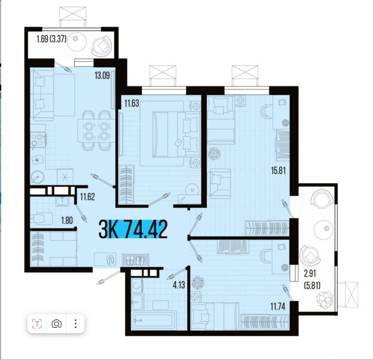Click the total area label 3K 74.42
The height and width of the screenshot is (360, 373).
(x=133, y=229)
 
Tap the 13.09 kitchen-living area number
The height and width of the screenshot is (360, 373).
(x=102, y=76)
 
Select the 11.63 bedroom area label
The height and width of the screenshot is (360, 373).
(x=132, y=104)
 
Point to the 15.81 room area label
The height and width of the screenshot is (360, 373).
(x=278, y=170)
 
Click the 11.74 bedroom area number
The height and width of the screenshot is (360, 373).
(x=278, y=306)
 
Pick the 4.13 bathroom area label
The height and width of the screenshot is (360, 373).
(x=179, y=285)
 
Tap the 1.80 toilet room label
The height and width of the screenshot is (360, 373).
(x=67, y=221)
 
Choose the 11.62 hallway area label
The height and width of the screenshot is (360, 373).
(x=88, y=197)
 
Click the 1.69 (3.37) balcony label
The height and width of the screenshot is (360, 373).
(x=51, y=39)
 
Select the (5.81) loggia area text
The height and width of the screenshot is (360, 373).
(x=312, y=285)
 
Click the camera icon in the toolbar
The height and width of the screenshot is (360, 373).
(x=57, y=324)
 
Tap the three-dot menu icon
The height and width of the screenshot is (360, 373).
(x=76, y=324)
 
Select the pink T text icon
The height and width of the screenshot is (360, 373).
(x=37, y=324)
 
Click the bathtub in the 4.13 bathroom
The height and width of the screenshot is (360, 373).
(x=154, y=319)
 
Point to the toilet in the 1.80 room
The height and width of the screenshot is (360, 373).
(x=41, y=218)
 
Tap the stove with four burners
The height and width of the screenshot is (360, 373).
(x=38, y=140)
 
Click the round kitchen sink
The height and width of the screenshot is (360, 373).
(x=38, y=177)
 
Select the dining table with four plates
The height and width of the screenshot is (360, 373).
(x=97, y=131)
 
